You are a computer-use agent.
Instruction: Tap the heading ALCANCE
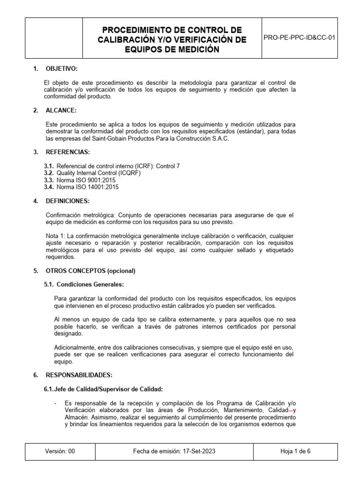coord(61,110)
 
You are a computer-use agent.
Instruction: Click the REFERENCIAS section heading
coord(67,152)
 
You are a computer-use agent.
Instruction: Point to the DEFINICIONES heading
coord(67,201)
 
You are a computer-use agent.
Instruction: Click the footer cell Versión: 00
coord(60,451)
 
